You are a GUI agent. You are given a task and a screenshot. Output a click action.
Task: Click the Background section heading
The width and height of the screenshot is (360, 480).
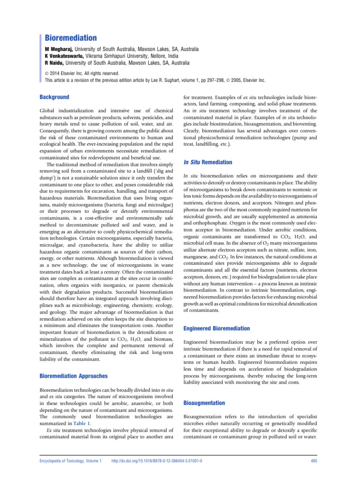pos(54,97)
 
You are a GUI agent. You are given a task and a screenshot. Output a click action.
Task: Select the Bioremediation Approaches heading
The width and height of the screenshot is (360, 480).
pos(73,376)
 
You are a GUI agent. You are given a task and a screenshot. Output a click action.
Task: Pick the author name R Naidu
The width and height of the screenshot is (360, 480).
pos(55,62)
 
